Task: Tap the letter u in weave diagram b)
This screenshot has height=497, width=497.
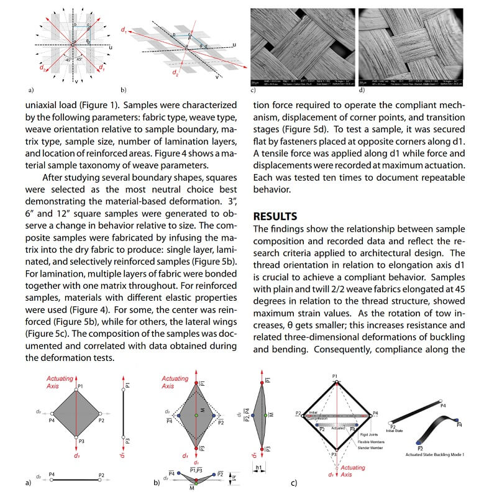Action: pos(235,44)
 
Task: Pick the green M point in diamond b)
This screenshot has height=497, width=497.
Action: pos(196,414)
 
